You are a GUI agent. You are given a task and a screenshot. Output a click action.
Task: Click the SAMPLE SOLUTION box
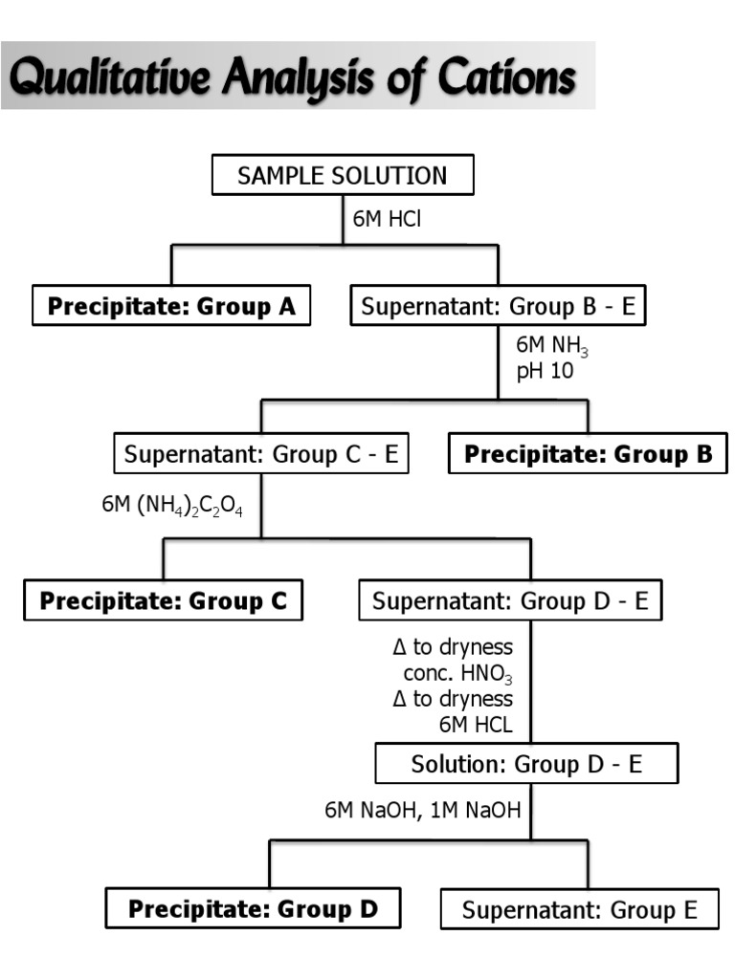tap(342, 176)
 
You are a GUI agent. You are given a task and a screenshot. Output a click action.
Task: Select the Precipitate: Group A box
tap(172, 307)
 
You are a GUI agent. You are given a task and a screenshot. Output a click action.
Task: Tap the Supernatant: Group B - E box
tap(498, 307)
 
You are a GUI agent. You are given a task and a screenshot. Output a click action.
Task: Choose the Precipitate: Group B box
tap(588, 454)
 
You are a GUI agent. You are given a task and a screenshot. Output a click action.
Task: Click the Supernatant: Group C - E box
tap(261, 454)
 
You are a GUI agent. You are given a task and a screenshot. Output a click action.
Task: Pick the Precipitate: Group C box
tap(163, 601)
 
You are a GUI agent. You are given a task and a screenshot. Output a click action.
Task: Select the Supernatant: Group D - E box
tap(510, 601)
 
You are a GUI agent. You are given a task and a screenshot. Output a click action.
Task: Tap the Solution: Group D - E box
tap(527, 765)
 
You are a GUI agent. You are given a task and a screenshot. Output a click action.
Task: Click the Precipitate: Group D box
tap(253, 909)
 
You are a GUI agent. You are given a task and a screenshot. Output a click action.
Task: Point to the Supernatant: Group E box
tap(579, 909)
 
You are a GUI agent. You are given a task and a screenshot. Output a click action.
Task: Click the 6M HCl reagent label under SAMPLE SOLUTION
tap(388, 219)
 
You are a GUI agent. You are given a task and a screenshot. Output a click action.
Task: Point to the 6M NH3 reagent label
tap(545, 347)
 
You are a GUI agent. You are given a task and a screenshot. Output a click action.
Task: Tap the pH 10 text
tap(546, 372)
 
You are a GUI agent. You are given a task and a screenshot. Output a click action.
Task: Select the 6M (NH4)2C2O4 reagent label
tap(172, 506)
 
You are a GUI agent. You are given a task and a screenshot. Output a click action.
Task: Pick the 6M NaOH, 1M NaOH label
tap(422, 811)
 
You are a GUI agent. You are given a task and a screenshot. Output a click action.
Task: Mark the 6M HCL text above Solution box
tap(476, 724)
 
